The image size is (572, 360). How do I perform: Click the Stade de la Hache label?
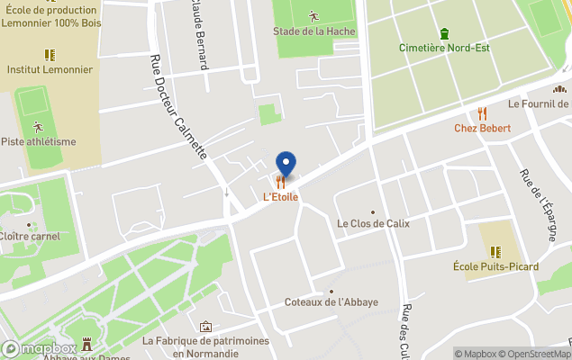(314, 31)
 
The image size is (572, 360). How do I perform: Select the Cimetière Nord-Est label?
(445, 48)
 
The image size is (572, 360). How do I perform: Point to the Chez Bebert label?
(482, 128)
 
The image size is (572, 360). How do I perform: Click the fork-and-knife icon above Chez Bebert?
(482, 113)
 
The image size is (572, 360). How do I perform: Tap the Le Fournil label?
(540, 103)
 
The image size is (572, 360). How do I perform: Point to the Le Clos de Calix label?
(372, 222)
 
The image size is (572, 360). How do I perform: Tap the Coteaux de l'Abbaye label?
(331, 302)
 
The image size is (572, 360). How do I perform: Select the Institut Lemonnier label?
(50, 68)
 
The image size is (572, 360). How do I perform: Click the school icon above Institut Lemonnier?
(50, 54)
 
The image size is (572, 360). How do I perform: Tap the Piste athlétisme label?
(38, 141)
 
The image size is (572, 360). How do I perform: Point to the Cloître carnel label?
(31, 237)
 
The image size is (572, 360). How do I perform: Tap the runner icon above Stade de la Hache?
(313, 16)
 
